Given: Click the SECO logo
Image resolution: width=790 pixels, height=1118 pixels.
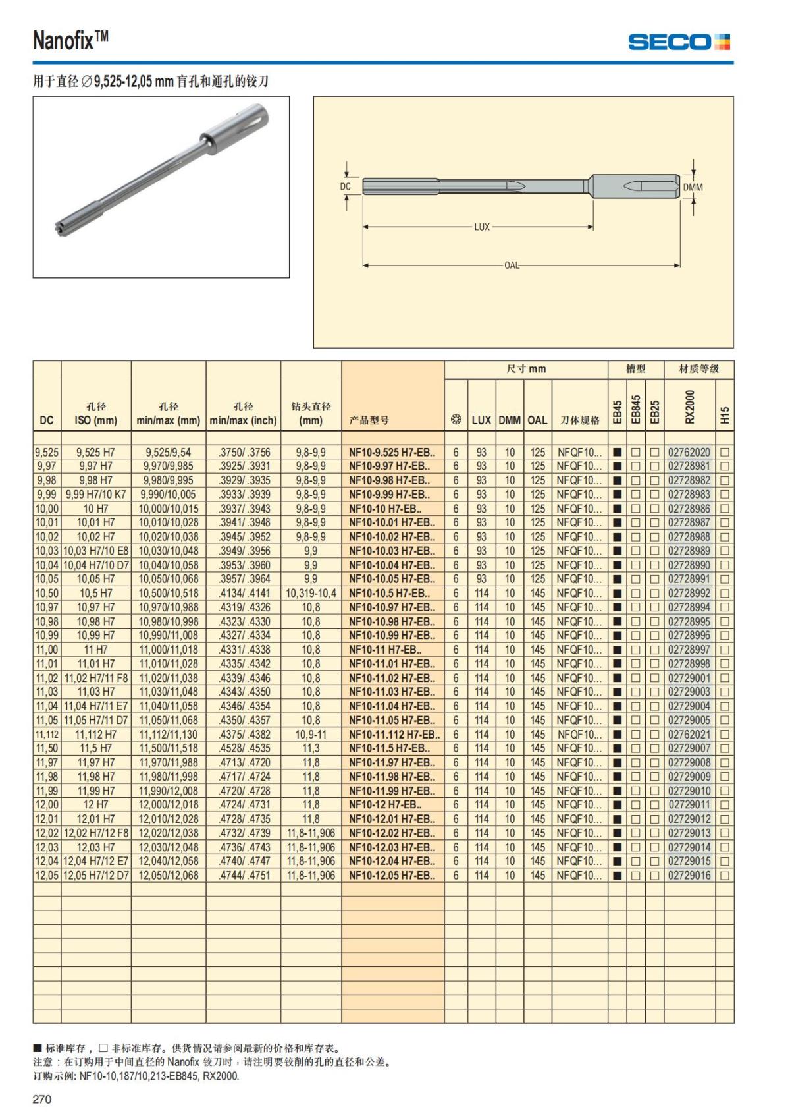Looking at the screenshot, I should click(x=679, y=42).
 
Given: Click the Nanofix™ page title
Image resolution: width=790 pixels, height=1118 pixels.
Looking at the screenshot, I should click(x=70, y=41).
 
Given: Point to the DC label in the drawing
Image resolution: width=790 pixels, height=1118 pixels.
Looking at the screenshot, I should click(x=346, y=186).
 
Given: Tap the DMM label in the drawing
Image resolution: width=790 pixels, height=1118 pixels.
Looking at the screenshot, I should click(x=693, y=187).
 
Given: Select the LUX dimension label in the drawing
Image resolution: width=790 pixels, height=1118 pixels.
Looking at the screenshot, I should click(x=482, y=227).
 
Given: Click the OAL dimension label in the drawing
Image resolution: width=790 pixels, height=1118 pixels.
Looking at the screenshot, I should click(x=512, y=266).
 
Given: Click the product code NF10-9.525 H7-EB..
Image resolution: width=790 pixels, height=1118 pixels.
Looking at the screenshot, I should click(x=392, y=453).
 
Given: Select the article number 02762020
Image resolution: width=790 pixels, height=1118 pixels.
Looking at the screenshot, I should click(x=689, y=453).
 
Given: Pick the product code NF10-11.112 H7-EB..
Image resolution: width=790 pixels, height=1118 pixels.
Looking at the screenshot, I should click(x=394, y=735).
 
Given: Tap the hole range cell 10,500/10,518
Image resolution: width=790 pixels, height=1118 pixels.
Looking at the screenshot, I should click(x=169, y=594).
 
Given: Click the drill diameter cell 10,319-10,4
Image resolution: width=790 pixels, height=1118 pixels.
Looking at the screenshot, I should click(x=311, y=594).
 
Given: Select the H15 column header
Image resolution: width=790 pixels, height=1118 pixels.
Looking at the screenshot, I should click(x=725, y=415).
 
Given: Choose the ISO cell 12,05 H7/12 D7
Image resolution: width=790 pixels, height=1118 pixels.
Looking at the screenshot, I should click(x=96, y=876).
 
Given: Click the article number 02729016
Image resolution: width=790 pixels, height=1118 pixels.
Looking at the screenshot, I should click(x=689, y=876).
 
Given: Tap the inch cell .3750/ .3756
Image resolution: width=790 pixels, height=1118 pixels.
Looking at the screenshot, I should click(x=243, y=453).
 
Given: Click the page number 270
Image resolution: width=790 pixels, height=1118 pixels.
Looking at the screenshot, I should click(x=42, y=1099).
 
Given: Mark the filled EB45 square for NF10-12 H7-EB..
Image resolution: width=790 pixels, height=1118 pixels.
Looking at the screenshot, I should click(x=618, y=805).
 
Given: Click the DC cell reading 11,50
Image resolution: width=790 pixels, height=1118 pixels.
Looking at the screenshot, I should click(x=47, y=748).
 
